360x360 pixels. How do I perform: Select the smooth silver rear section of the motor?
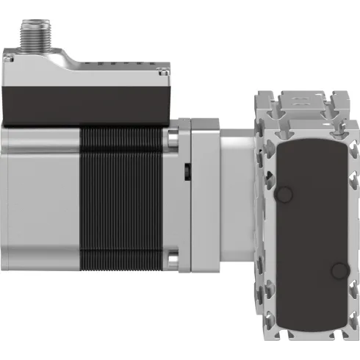pyautogui.click(x=37, y=198)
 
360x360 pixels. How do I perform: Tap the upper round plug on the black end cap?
pyautogui.click(x=284, y=194)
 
